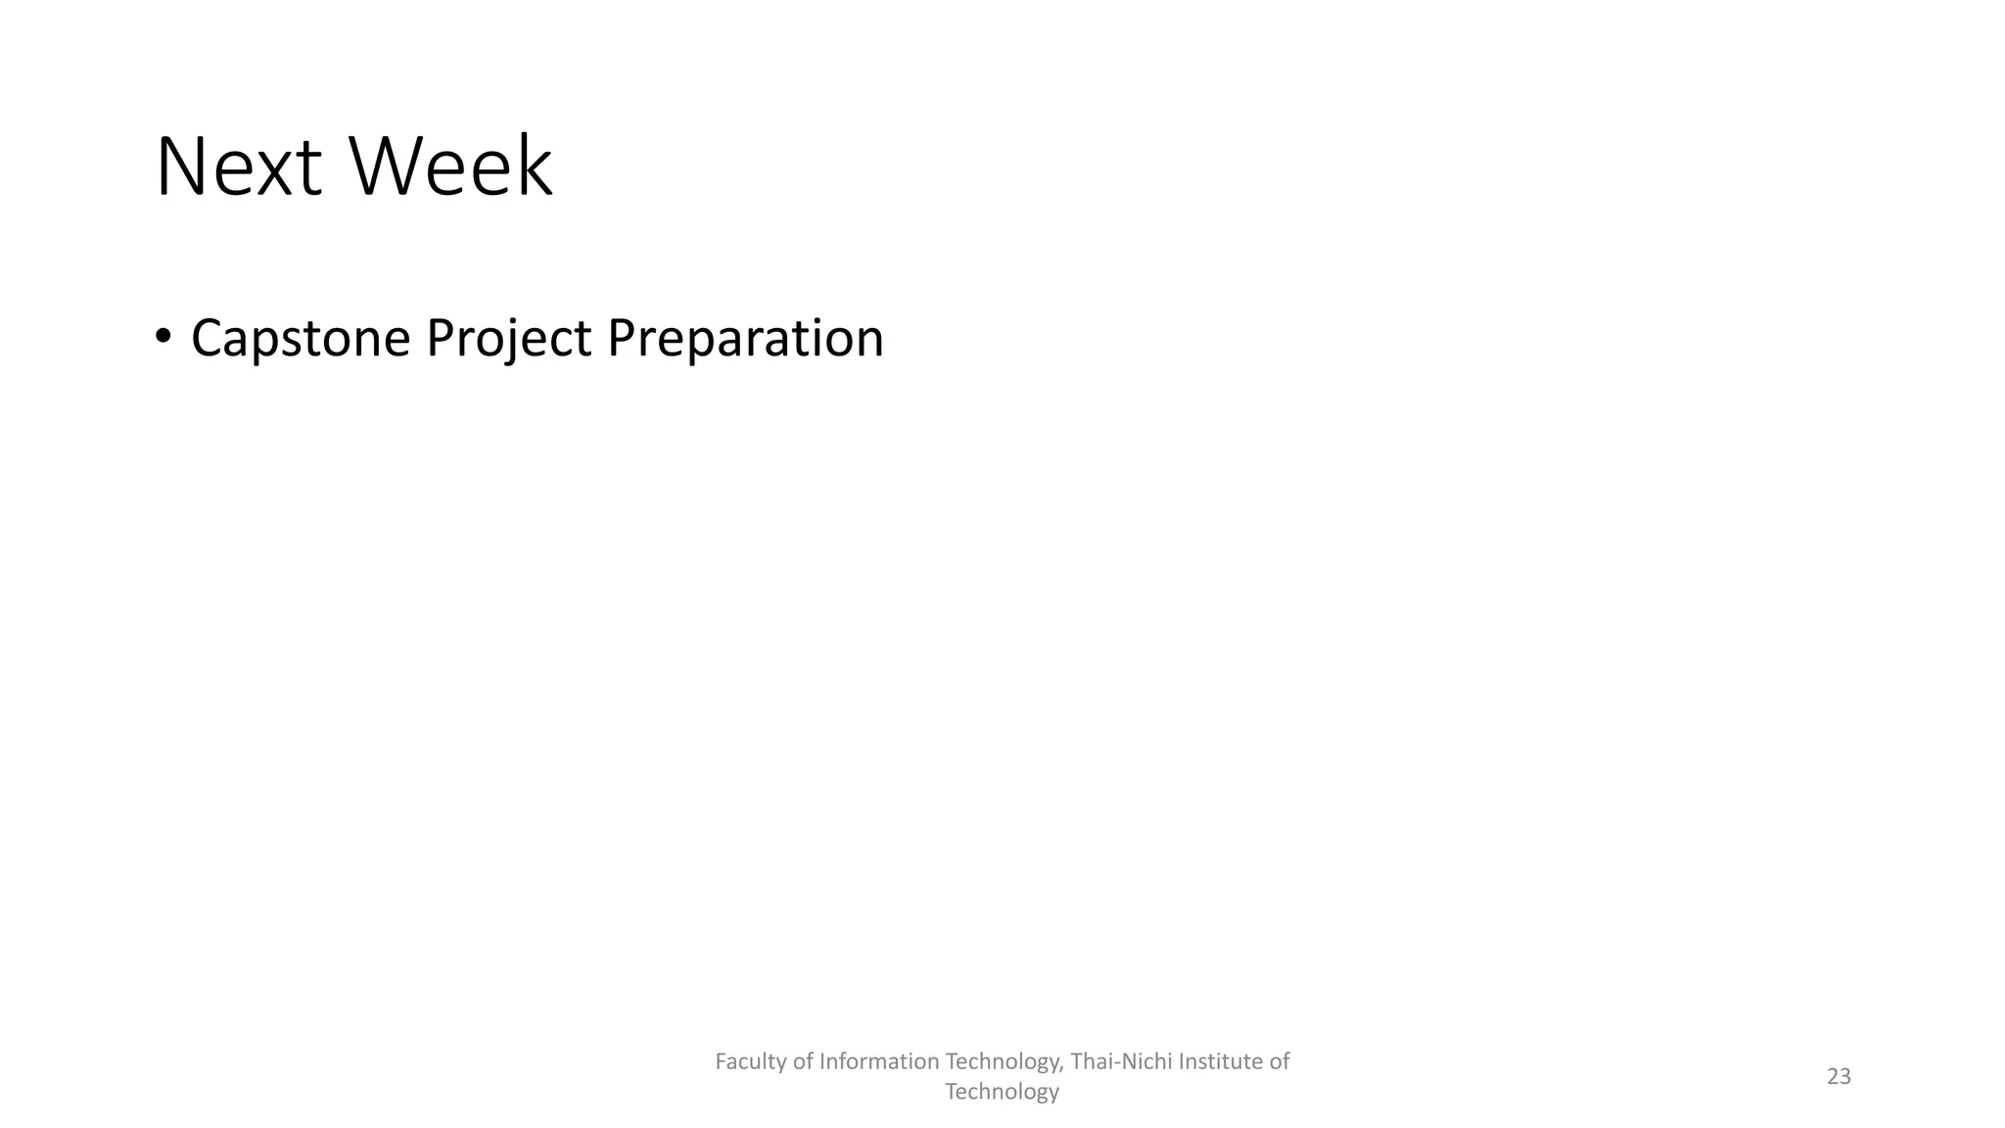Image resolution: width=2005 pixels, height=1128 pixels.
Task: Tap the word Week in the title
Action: [x=450, y=168]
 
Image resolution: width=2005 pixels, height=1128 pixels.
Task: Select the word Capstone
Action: [x=301, y=339]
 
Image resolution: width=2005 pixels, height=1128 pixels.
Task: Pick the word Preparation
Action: [x=745, y=339]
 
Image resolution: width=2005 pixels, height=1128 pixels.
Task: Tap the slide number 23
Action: [x=1839, y=1076]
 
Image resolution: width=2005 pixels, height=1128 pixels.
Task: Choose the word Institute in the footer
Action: [x=1223, y=1061]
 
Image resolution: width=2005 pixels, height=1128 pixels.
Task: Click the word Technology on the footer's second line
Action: [x=1002, y=1092]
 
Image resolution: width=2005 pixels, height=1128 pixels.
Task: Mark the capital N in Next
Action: [x=178, y=168]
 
